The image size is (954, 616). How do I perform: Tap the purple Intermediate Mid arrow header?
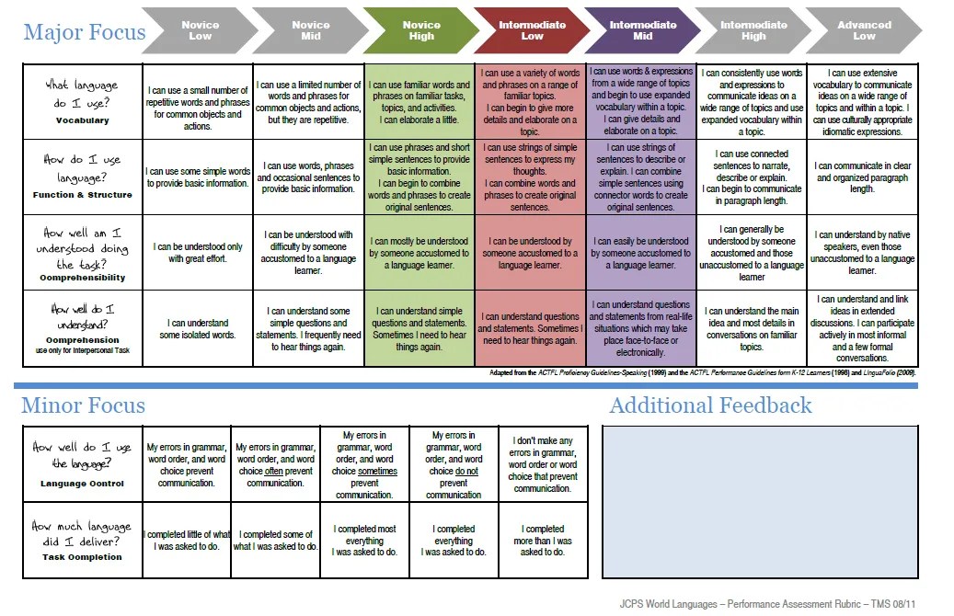pyautogui.click(x=642, y=30)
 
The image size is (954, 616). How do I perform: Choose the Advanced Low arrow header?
pyautogui.click(x=863, y=30)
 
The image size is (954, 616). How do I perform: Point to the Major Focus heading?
pyautogui.click(x=85, y=32)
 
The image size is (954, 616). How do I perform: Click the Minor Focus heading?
pyautogui.click(x=84, y=405)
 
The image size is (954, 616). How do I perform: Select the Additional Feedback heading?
pyautogui.click(x=710, y=405)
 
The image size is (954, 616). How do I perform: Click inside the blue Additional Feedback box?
pyautogui.click(x=760, y=500)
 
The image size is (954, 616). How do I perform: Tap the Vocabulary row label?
pyautogui.click(x=82, y=120)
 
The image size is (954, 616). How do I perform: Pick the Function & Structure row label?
pyautogui.click(x=82, y=195)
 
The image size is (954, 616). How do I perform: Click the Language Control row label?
pyautogui.click(x=82, y=484)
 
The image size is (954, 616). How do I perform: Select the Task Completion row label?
pyautogui.click(x=82, y=557)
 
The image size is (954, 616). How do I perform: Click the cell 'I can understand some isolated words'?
pyautogui.click(x=198, y=329)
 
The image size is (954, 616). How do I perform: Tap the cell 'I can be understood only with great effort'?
pyautogui.click(x=198, y=253)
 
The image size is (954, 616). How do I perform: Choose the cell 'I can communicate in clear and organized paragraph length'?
pyautogui.click(x=862, y=177)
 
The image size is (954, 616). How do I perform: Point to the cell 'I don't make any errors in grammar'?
pyautogui.click(x=543, y=464)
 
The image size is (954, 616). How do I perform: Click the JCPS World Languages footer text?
pyautogui.click(x=763, y=604)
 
